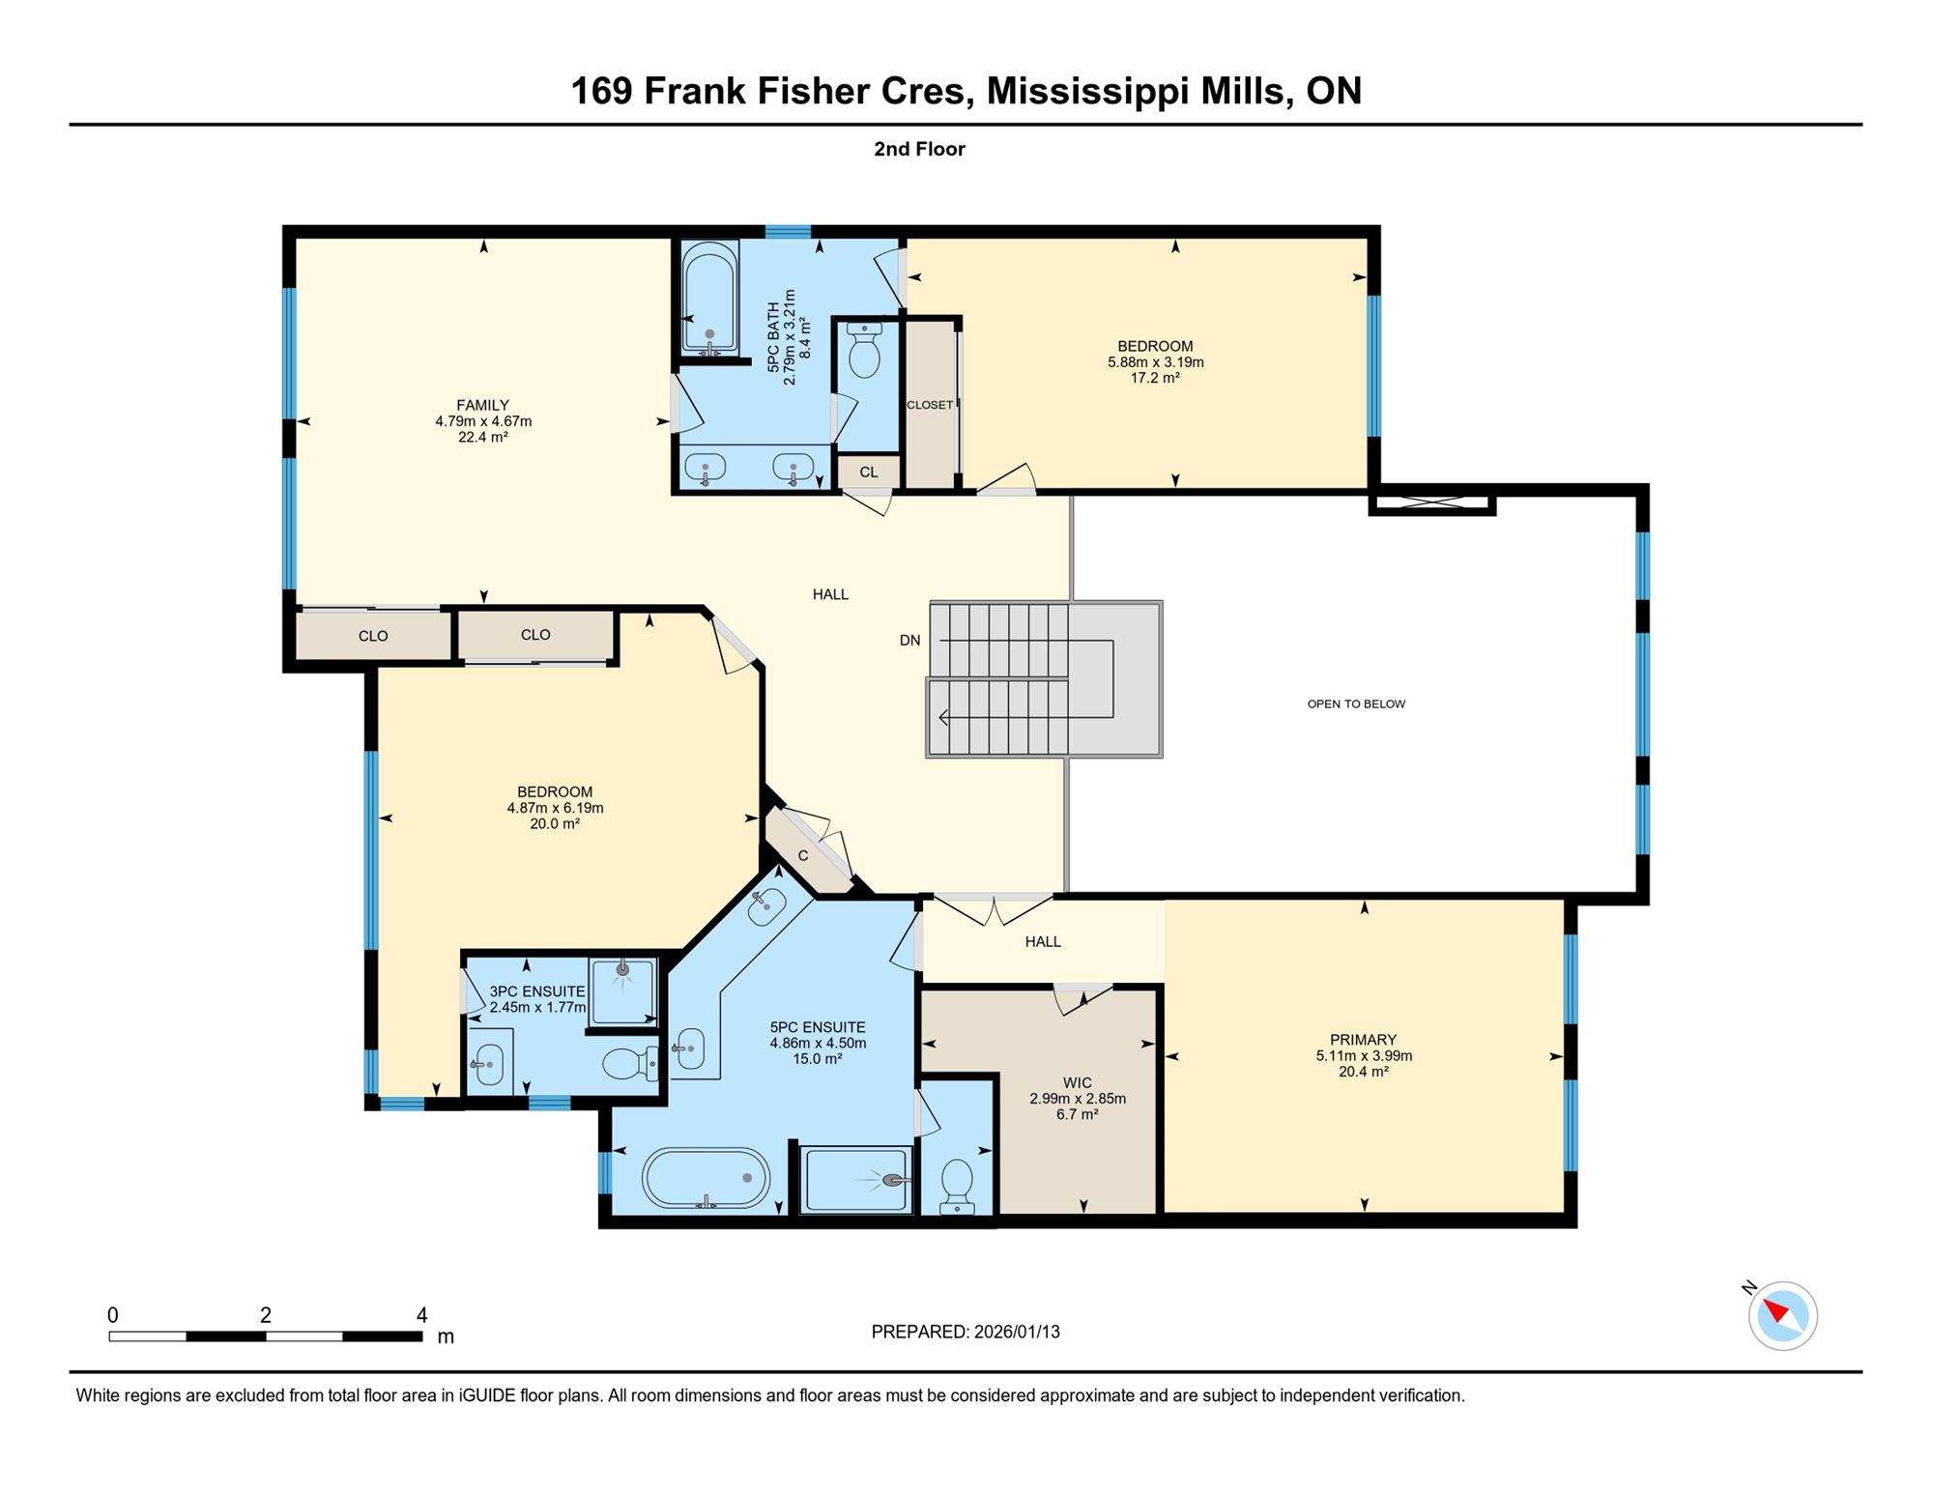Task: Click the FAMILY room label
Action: coord(482,406)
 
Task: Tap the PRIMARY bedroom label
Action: coord(1363,1040)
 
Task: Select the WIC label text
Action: coord(1077,1083)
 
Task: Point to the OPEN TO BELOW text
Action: coord(1356,703)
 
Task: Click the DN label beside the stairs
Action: coord(909,640)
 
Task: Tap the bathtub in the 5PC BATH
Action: coord(709,298)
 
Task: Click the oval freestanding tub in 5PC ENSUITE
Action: coord(706,1178)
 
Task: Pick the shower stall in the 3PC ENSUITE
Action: coord(622,991)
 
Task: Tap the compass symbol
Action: coord(1782,1315)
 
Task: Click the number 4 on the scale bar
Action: coord(421,1314)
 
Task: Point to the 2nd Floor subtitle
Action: coord(919,149)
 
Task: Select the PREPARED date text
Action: coord(966,1332)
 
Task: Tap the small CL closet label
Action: coord(869,473)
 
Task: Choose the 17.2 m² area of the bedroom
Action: coord(1155,378)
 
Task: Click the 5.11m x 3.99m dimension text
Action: coord(1364,1055)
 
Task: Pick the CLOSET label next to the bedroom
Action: coord(930,405)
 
